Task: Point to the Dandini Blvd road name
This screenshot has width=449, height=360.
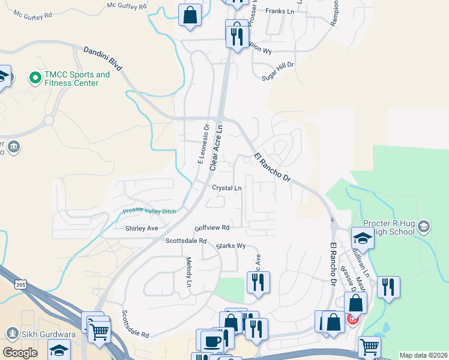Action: pos(103,59)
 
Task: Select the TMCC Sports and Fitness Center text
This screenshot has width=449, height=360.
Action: pos(77,79)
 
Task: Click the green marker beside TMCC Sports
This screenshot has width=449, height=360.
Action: pos(35,77)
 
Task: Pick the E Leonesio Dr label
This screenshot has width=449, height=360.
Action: pos(202,144)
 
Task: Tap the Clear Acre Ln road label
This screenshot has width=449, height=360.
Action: pos(216,146)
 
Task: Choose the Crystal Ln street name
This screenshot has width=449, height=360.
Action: pos(226,188)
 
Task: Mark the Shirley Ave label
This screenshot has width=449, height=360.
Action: pos(142,229)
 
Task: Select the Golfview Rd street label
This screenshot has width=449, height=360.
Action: pos(212,228)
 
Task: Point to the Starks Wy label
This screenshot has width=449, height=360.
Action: pos(231,246)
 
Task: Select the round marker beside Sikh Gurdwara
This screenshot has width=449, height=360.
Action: pos(11,333)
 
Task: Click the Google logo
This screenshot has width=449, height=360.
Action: pos(20,353)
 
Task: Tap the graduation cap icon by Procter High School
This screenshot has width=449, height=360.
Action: pos(363,238)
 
